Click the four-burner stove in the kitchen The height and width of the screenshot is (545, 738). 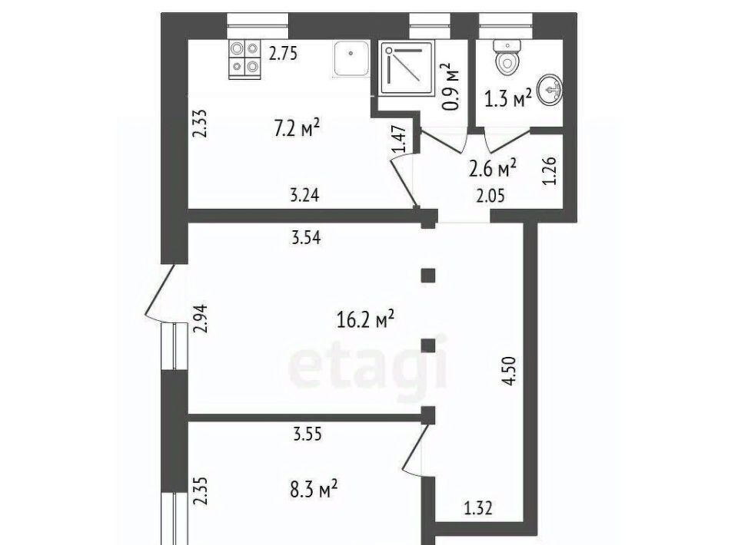pyautogui.click(x=244, y=60)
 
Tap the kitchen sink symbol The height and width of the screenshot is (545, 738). pyautogui.click(x=351, y=58)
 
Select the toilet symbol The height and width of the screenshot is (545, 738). pyautogui.click(x=507, y=58)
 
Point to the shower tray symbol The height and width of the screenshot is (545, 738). pyautogui.click(x=407, y=68)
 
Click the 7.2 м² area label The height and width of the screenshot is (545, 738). pyautogui.click(x=297, y=128)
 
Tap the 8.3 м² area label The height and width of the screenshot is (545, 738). pyautogui.click(x=314, y=490)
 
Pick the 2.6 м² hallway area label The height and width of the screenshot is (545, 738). pyautogui.click(x=493, y=168)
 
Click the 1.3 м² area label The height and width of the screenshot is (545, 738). pyautogui.click(x=508, y=99)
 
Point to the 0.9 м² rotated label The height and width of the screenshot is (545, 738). pyautogui.click(x=451, y=87)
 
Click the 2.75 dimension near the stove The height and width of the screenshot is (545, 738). pyautogui.click(x=283, y=54)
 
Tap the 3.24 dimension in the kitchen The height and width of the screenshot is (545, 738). pyautogui.click(x=304, y=194)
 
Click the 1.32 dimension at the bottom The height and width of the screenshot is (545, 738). pyautogui.click(x=478, y=508)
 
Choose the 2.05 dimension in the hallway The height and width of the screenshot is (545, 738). pyautogui.click(x=490, y=195)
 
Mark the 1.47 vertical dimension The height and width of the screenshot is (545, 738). pyautogui.click(x=399, y=139)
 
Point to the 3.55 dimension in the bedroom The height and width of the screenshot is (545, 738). pyautogui.click(x=307, y=434)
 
